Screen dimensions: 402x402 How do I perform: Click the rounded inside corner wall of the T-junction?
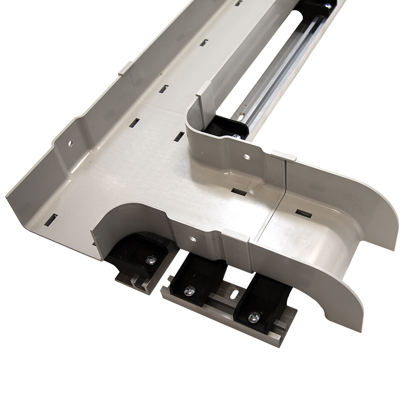pyautogui.click(x=193, y=126)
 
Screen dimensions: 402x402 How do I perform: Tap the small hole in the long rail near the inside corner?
pyautogui.click(x=242, y=117)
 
